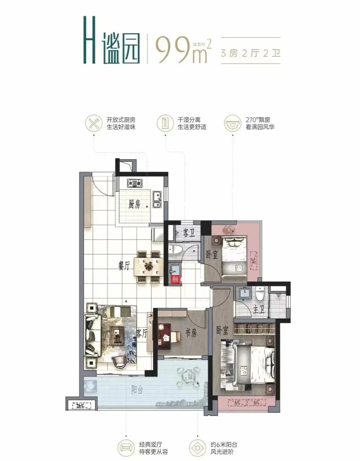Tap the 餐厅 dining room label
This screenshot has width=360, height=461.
[124, 266]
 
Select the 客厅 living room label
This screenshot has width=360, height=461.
[142, 333]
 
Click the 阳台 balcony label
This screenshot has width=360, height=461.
[137, 390]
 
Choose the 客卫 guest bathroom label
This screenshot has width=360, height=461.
[188, 233]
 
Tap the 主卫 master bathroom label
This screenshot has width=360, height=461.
[258, 310]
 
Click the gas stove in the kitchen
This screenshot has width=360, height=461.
[135, 184]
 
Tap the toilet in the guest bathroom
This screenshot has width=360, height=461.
[176, 249]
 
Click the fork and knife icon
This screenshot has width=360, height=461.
[93, 123]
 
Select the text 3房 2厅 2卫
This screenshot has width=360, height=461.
[250, 53]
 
